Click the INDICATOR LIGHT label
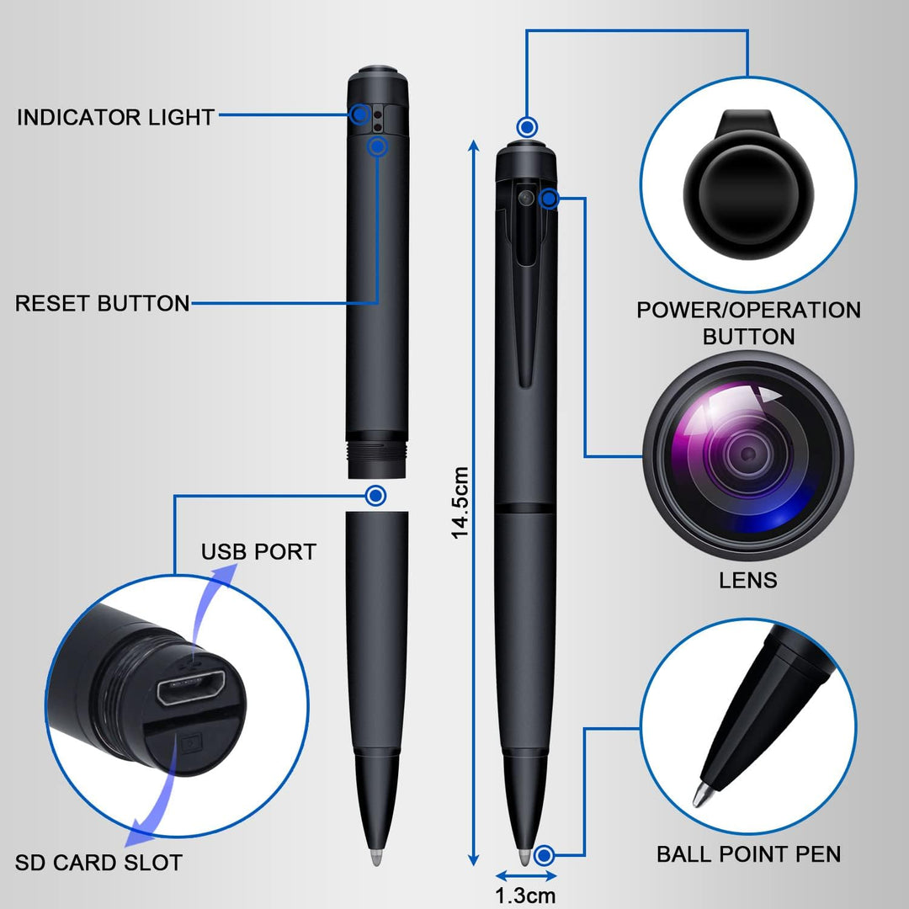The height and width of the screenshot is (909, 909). tap(115, 117)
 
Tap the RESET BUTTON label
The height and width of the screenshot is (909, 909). tap(102, 303)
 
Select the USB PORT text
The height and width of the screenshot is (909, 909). tap(258, 552)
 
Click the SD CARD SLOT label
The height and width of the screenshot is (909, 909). tap(98, 863)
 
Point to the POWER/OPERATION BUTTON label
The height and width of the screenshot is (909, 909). tap(748, 323)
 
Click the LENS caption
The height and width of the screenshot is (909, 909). tap(747, 580)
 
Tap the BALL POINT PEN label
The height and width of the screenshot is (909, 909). tap(748, 854)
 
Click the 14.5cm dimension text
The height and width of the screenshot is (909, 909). tap(460, 502)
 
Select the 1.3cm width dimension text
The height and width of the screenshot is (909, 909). tap(525, 896)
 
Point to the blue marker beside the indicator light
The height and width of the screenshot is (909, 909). tap(361, 114)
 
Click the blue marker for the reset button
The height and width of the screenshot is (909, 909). tap(378, 147)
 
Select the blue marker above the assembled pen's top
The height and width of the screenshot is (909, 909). tap(528, 127)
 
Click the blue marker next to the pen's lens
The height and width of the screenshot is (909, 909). tap(549, 199)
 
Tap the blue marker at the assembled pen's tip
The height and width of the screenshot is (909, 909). tap(545, 856)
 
